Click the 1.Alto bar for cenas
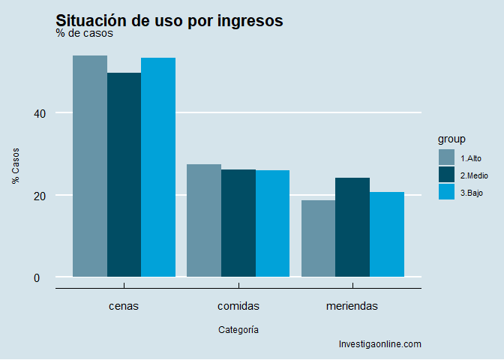click(90, 166)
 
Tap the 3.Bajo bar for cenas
click(158, 167)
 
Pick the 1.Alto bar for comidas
click(204, 220)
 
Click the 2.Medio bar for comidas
click(238, 223)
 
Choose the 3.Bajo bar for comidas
click(272, 223)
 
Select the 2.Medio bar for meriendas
click(352, 227)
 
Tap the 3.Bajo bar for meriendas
click(387, 235)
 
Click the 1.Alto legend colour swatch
click(447, 157)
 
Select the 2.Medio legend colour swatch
click(447, 175)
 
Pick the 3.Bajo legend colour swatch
click(447, 193)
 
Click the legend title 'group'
click(452, 139)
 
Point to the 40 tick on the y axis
click(40, 113)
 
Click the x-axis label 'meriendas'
click(352, 306)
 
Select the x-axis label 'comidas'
click(238, 306)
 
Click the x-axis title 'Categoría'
click(238, 329)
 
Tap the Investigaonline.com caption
click(380, 344)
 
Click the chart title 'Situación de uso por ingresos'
click(169, 21)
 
